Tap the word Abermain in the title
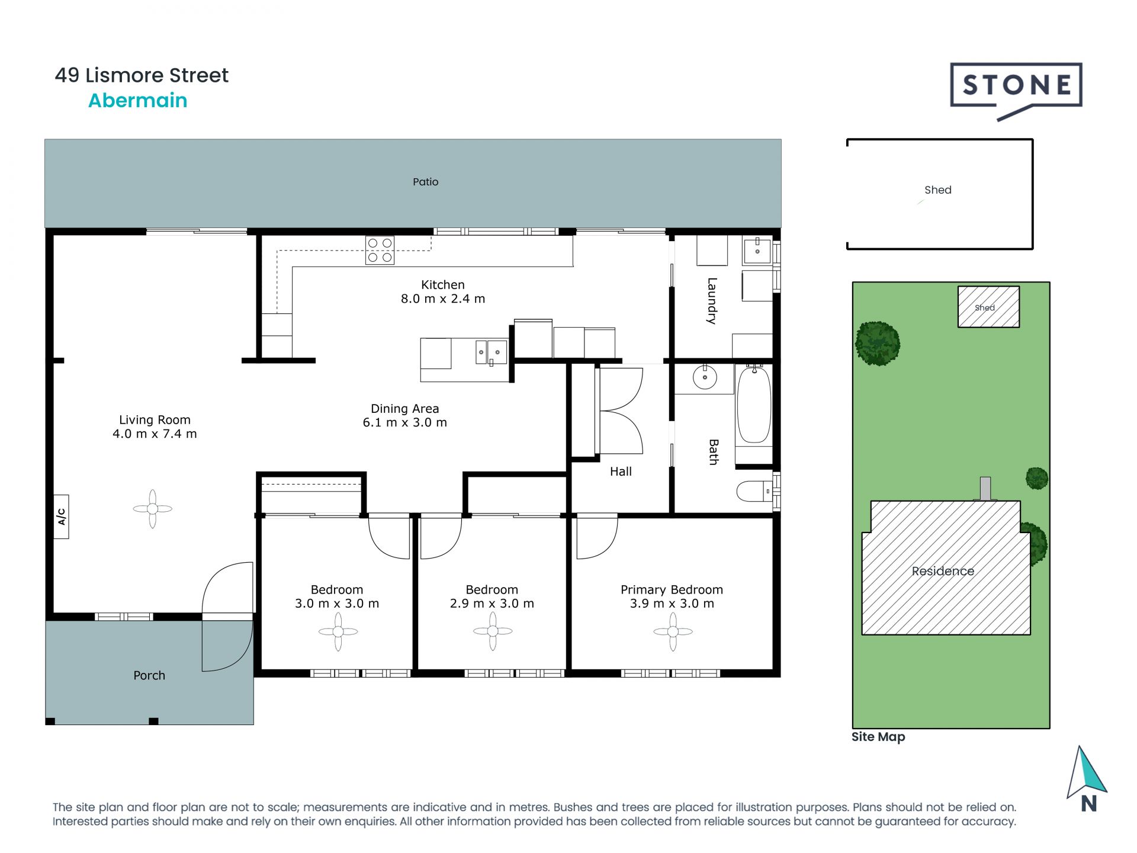pyautogui.click(x=137, y=101)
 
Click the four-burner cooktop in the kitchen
pyautogui.click(x=380, y=250)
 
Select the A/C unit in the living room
pyautogui.click(x=61, y=517)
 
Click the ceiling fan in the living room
pyautogui.click(x=152, y=508)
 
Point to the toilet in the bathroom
pyautogui.click(x=753, y=491)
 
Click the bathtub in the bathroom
pyautogui.click(x=754, y=405)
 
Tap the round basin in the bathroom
pyautogui.click(x=705, y=377)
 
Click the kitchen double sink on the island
pyautogui.click(x=492, y=352)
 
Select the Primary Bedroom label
pyautogui.click(x=672, y=589)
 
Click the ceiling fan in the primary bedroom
pyautogui.click(x=673, y=631)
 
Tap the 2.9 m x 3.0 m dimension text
pyautogui.click(x=492, y=604)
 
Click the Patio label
pyautogui.click(x=425, y=182)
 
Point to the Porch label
pyautogui.click(x=149, y=675)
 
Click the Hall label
pyautogui.click(x=621, y=472)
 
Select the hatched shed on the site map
pyautogui.click(x=988, y=307)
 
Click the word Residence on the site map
pyautogui.click(x=943, y=571)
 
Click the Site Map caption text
pyautogui.click(x=878, y=737)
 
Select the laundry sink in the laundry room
pyautogui.click(x=757, y=251)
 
